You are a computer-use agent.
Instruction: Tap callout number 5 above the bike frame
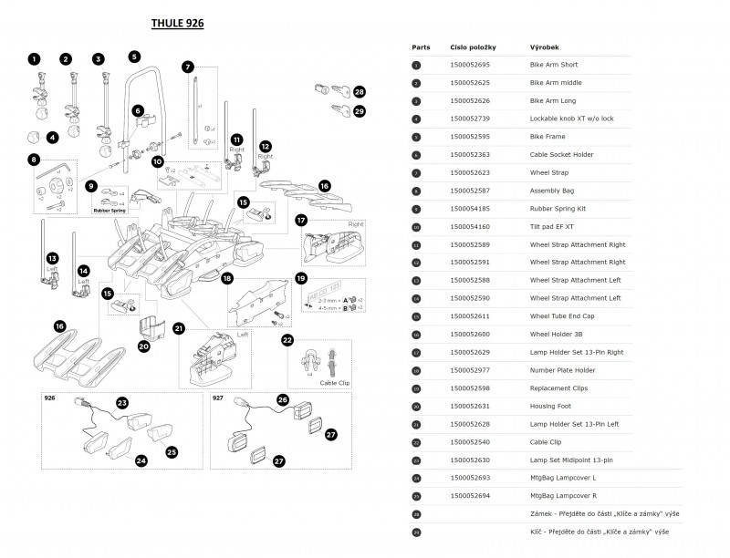[133, 57]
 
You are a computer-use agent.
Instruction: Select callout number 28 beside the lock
[360, 92]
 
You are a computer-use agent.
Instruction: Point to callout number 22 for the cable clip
[287, 340]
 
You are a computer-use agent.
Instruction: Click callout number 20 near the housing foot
[144, 346]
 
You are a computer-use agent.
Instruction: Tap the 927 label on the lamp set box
[219, 398]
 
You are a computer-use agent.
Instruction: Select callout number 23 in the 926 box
[122, 402]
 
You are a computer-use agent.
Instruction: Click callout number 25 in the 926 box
[172, 451]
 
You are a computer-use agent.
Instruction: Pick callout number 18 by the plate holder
[227, 278]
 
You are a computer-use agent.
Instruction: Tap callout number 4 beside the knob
[53, 138]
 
